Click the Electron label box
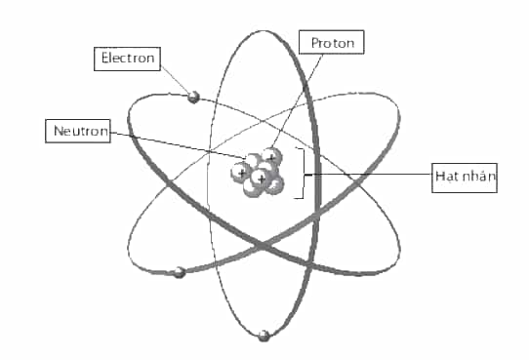coord(127,59)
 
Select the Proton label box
coord(331,42)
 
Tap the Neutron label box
coord(78,131)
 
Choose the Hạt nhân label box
coord(465,178)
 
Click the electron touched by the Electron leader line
coord(193,98)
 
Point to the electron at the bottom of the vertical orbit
coord(264,336)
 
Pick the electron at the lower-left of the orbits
coord(180,272)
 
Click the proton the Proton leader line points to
coord(272,157)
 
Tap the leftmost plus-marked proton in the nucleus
coord(241,173)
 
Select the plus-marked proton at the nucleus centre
coord(261,178)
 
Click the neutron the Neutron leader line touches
coord(253,160)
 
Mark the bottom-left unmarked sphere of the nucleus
coord(252,188)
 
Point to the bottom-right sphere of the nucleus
coord(274,184)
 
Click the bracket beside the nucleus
coord(304,173)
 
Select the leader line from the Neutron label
coord(178,144)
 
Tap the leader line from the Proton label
coord(298,101)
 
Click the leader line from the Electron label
coord(175,80)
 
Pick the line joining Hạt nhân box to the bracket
coord(368,175)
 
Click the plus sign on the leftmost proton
coord(241,174)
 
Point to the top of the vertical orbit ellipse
coord(260,31)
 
